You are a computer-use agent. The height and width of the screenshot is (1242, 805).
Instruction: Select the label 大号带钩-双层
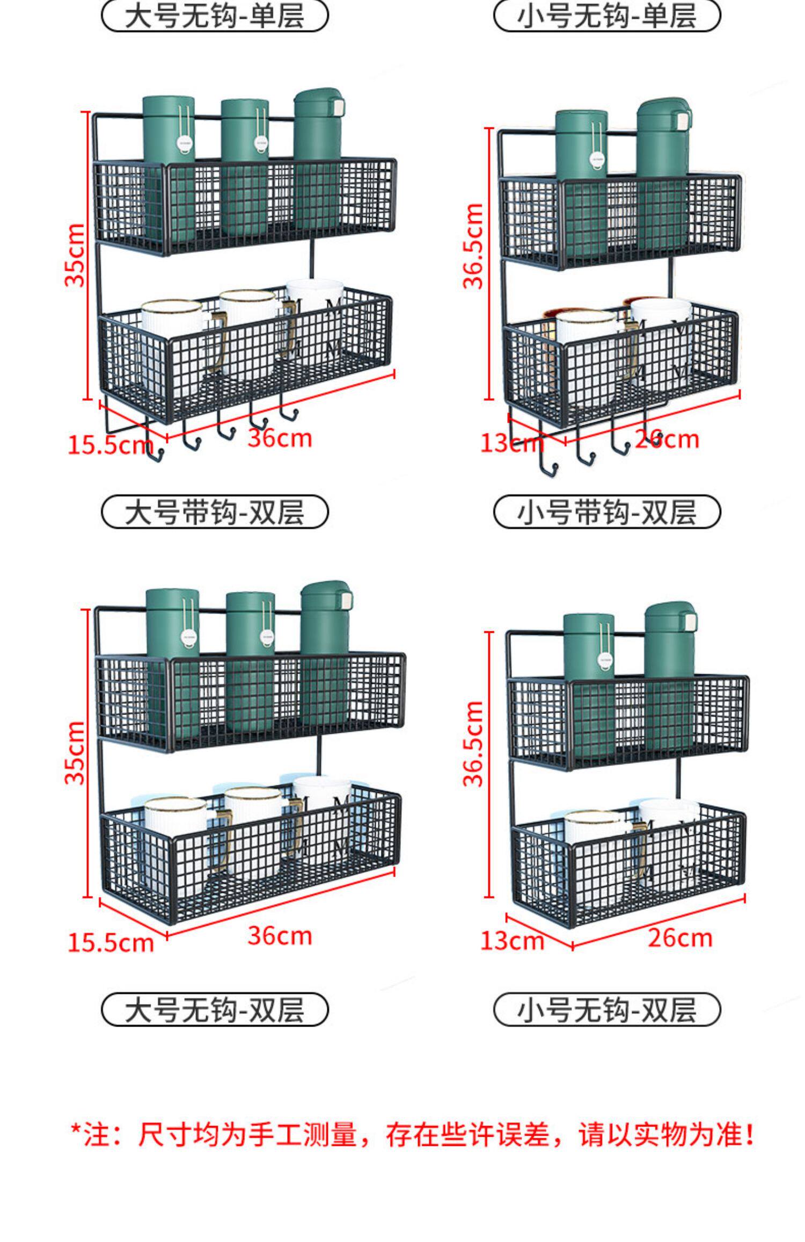pyautogui.click(x=214, y=511)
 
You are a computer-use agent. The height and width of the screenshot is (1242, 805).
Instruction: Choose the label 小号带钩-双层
pyautogui.click(x=606, y=511)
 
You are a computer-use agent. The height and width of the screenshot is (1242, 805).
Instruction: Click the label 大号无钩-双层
pyautogui.click(x=214, y=1009)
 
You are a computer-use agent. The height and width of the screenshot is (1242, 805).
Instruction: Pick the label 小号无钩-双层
pyautogui.click(x=606, y=1009)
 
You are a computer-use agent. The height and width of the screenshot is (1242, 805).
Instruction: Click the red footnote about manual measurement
pyautogui.click(x=412, y=1135)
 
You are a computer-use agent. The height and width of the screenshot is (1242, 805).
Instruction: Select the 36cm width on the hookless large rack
pyautogui.click(x=280, y=936)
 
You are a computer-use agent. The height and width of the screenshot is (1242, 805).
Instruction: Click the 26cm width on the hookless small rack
pyautogui.click(x=680, y=938)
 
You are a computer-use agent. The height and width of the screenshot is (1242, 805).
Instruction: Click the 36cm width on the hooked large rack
pyautogui.click(x=280, y=438)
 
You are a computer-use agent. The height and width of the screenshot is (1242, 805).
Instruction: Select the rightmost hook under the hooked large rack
pyautogui.click(x=288, y=411)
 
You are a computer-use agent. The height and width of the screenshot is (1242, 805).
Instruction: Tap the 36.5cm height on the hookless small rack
pyautogui.click(x=473, y=744)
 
